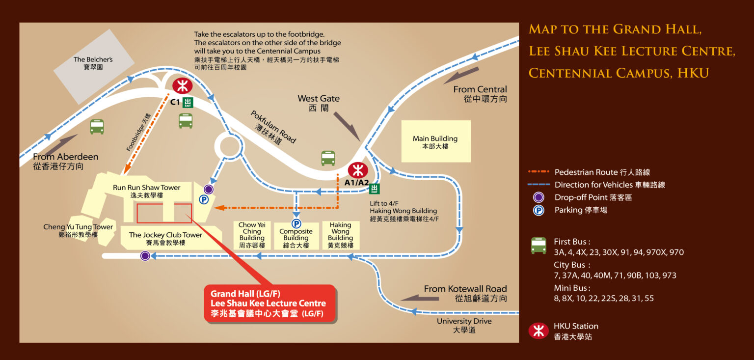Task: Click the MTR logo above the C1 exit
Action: click(182, 86)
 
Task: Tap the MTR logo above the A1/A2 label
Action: click(358, 170)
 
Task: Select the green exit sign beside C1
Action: click(188, 102)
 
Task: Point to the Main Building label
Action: click(435, 142)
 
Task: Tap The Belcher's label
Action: click(93, 63)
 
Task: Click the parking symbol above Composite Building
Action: click(296, 223)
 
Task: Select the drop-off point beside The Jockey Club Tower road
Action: click(145, 255)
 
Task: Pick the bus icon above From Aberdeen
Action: click(97, 127)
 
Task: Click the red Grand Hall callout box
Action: click(270, 304)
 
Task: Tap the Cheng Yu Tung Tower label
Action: click(78, 230)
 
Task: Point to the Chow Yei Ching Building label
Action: click(252, 235)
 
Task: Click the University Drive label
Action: click(464, 325)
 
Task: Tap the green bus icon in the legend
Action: click(539, 245)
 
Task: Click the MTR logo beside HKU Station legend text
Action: click(539, 331)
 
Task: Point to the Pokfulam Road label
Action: click(273, 127)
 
